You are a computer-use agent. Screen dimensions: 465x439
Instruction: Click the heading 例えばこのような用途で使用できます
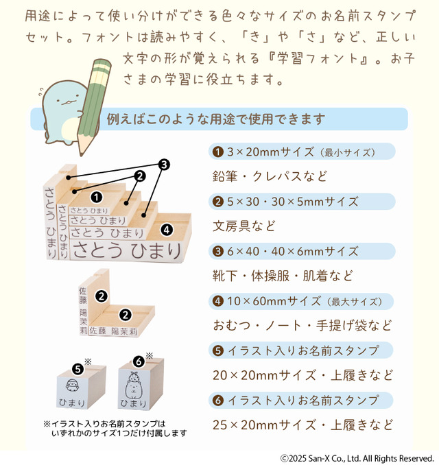tap(215, 119)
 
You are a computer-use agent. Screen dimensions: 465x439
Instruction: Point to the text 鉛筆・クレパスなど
tap(270, 176)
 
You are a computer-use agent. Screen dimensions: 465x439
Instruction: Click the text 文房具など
tap(244, 226)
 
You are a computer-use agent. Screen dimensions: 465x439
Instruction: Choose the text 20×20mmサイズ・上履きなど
tap(302, 376)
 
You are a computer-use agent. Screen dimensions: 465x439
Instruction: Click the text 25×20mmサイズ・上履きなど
tap(302, 425)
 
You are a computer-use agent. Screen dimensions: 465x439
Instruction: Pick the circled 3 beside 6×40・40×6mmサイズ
tap(217, 251)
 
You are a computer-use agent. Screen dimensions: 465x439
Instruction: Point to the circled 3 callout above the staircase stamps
tap(164, 165)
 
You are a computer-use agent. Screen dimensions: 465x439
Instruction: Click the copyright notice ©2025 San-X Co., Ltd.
tap(357, 457)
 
